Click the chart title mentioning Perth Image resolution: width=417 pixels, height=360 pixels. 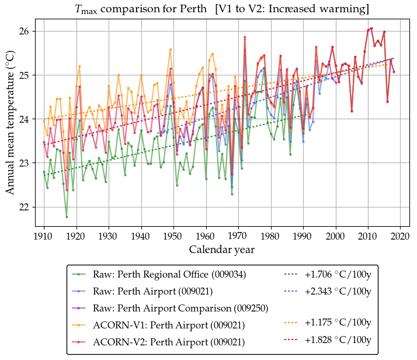(x=222, y=9)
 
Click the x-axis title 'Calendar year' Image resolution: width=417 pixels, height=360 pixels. (x=221, y=250)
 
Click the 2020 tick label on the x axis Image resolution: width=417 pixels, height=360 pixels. (x=399, y=236)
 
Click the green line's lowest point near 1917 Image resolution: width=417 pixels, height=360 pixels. (x=67, y=217)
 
